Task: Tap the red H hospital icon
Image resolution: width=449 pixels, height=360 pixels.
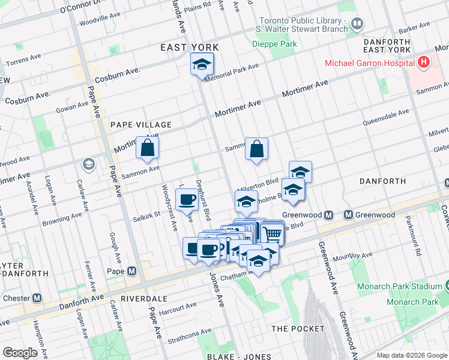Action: pos(424,62)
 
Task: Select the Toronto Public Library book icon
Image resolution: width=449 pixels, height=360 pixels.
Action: pos(357,24)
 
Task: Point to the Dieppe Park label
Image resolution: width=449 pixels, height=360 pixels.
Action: pos(283,44)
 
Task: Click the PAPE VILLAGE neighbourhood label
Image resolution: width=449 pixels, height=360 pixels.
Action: pos(141,125)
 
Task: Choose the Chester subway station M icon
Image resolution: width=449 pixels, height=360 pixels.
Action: pos(37,298)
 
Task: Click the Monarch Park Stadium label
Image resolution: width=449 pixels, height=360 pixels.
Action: pos(400,286)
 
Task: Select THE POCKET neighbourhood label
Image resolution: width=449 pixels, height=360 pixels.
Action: pos(298,329)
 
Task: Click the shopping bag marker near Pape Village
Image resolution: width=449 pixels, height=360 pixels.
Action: pos(148,148)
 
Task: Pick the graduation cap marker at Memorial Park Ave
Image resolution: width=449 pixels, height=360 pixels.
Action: pos(202,64)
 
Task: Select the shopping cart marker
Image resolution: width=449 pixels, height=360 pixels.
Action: pos(273,233)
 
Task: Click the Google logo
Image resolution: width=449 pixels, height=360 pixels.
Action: pos(20,353)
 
